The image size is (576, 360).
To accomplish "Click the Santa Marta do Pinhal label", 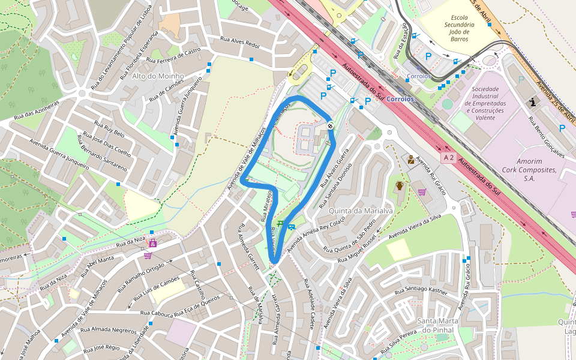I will pos(442,325).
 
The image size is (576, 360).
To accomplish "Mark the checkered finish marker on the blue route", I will pos(331,125).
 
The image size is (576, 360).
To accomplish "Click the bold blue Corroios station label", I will pos(400,98).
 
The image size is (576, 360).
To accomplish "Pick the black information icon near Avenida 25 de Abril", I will pos(533,103).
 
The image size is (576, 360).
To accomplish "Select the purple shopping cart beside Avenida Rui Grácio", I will pos(422,192).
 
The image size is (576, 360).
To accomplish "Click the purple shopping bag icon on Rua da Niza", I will pos(152,243).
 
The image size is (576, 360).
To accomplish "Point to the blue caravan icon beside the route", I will pos(291,227).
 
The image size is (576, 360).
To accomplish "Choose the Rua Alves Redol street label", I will pos(240,42).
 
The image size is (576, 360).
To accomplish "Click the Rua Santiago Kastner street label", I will pos(421,291).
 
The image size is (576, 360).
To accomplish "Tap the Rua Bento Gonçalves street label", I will pos(547,136).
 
